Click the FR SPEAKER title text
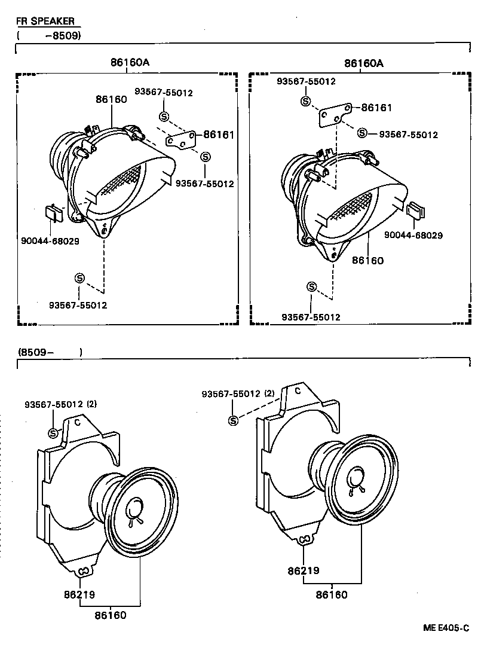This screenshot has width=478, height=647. (x=45, y=21)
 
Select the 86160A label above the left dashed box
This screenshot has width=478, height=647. (x=130, y=62)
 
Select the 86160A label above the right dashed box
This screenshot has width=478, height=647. (x=364, y=63)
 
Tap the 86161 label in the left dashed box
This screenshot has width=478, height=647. (x=219, y=135)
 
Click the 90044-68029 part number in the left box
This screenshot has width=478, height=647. (x=51, y=241)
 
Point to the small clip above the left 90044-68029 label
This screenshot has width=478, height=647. (x=52, y=212)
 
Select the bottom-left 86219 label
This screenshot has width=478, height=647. (x=79, y=595)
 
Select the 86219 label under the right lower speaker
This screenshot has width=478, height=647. (x=304, y=571)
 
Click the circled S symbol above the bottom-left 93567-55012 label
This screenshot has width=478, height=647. (x=79, y=277)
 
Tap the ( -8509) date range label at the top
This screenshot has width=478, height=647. (x=49, y=35)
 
